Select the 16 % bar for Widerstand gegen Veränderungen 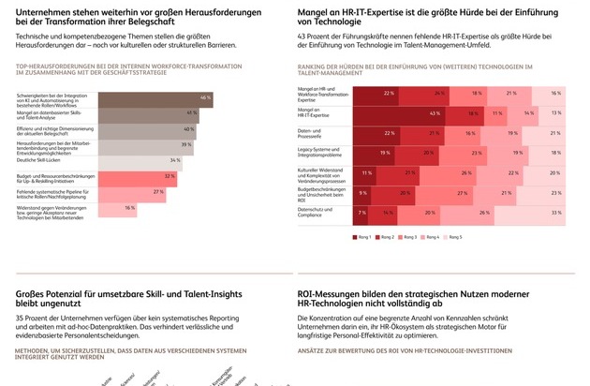104,208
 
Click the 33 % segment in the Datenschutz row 528,213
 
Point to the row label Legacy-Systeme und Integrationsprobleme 317,153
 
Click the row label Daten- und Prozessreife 311,133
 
